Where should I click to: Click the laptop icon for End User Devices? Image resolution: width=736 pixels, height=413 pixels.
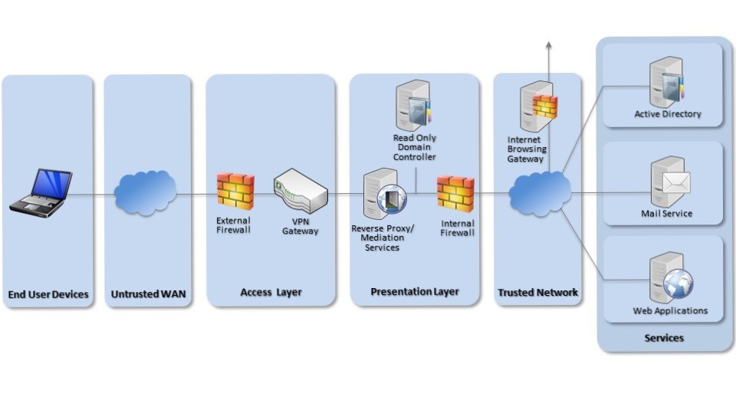point(41,193)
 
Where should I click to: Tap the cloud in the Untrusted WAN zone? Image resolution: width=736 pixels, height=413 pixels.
point(145,192)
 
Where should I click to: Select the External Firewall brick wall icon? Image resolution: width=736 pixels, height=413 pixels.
point(235,191)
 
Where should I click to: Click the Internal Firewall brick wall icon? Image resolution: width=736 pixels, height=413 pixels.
point(455,194)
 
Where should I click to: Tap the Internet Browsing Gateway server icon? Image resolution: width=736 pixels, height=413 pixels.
point(538,107)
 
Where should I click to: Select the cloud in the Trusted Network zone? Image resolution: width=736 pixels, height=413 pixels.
point(540,194)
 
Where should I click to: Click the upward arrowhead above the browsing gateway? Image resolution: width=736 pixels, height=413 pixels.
point(548,46)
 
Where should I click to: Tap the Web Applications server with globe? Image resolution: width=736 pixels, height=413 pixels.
point(669,277)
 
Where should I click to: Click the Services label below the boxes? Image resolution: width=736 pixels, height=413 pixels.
point(664,338)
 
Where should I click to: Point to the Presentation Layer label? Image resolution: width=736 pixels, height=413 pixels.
point(415,292)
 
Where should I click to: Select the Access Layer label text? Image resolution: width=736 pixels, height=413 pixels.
point(271,292)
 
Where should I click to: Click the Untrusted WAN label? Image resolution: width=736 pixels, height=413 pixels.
point(148,294)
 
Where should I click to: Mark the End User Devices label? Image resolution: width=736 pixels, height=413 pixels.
point(48,294)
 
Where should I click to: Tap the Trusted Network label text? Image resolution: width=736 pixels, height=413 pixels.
point(537,293)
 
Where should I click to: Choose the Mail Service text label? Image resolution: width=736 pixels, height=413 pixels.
point(666,214)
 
